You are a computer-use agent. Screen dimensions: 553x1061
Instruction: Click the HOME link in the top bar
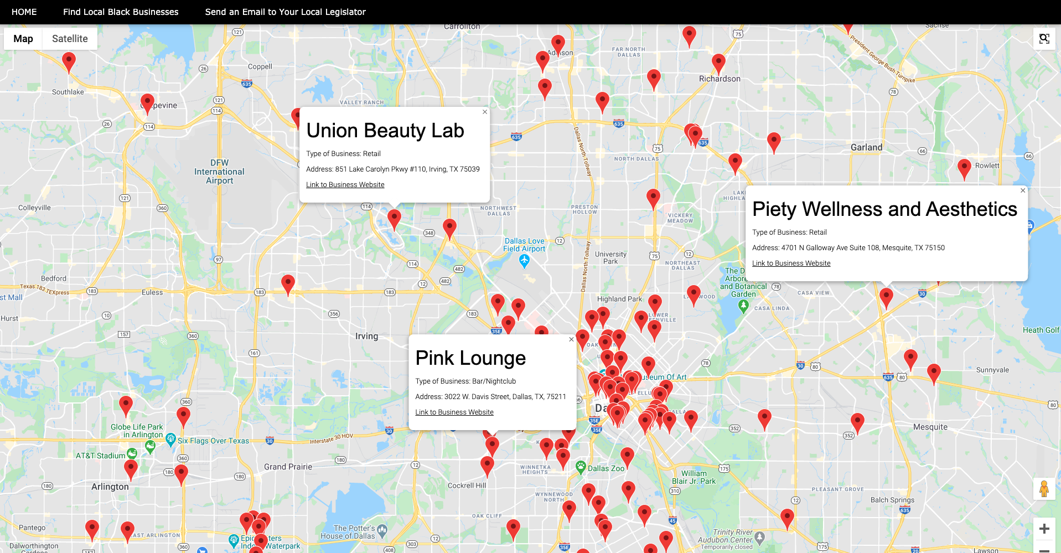click(x=24, y=12)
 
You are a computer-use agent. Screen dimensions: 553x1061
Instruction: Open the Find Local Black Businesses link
click(x=121, y=12)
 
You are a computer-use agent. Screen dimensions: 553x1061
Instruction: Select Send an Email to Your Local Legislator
click(x=285, y=12)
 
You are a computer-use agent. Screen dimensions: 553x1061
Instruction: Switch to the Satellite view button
click(x=70, y=39)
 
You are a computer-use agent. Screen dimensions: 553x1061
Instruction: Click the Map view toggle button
click(x=23, y=39)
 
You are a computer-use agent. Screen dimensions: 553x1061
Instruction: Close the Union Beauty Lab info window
click(x=485, y=112)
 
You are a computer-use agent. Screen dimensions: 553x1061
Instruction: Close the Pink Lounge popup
click(x=571, y=339)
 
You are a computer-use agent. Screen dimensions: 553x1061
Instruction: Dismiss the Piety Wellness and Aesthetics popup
click(x=1023, y=190)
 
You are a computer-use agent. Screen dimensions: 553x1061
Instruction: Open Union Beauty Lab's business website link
click(x=345, y=185)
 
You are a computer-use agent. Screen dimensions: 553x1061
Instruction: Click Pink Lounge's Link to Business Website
click(x=454, y=412)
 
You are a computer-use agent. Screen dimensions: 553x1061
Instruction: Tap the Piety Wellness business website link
click(x=791, y=263)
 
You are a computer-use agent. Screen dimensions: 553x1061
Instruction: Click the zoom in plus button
click(x=1044, y=529)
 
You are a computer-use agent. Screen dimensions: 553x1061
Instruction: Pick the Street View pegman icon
click(x=1044, y=489)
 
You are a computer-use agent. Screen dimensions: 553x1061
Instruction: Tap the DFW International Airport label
click(x=219, y=172)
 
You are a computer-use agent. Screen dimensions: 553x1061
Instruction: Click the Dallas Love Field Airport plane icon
click(x=524, y=261)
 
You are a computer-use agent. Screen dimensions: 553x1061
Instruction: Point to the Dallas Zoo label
click(x=605, y=468)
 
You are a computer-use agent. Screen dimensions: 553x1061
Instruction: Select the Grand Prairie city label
click(x=288, y=467)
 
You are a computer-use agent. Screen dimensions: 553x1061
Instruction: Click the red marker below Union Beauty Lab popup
click(x=394, y=218)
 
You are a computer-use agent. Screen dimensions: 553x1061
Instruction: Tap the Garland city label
click(x=866, y=147)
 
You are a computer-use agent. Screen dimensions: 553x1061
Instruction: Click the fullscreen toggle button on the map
click(x=1044, y=39)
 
